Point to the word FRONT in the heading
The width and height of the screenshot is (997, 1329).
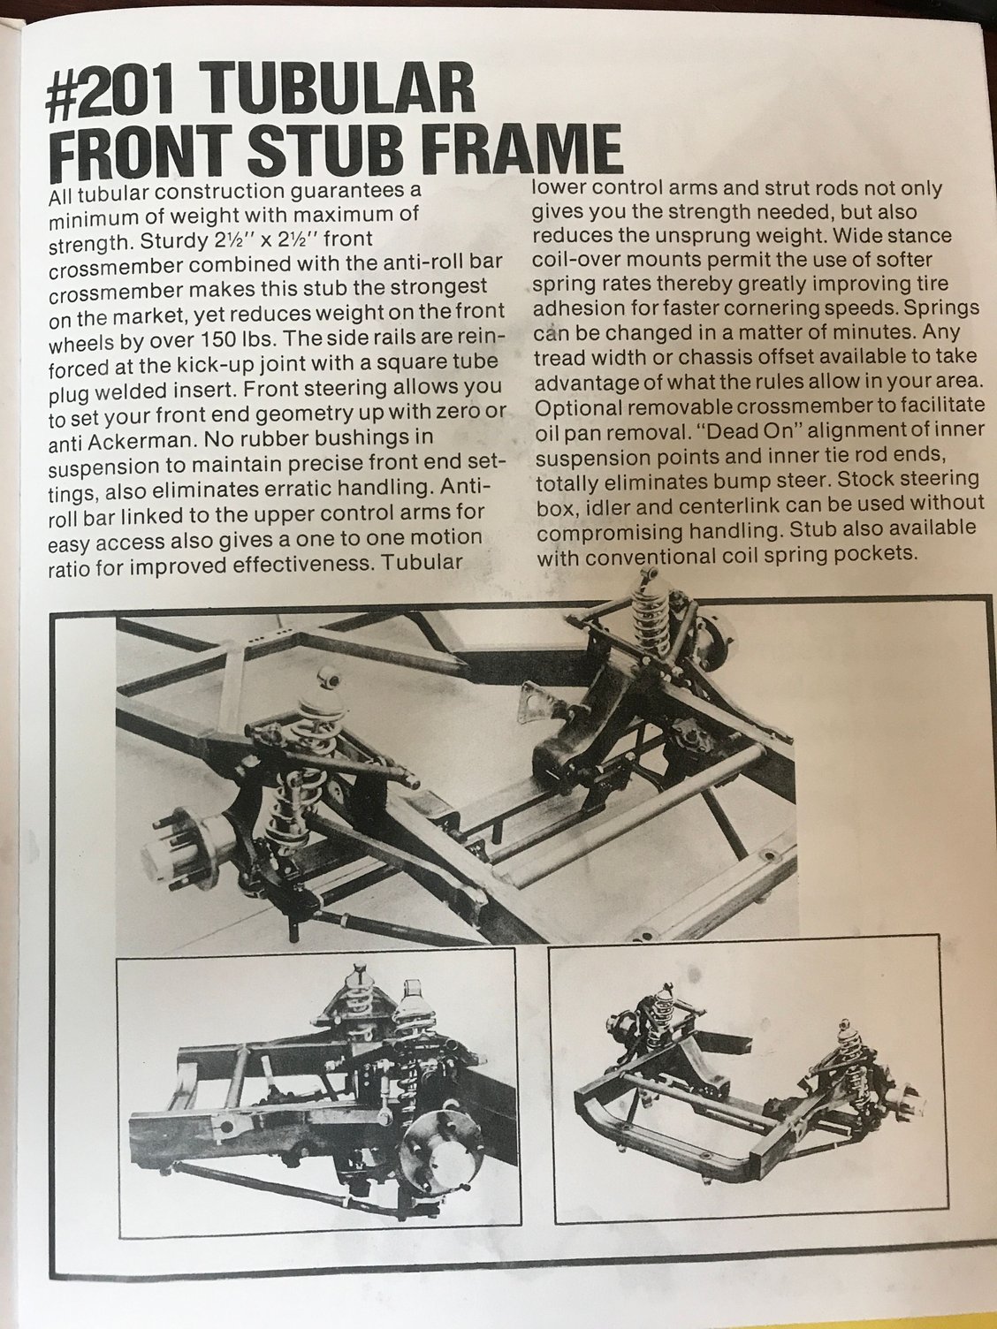tap(145, 151)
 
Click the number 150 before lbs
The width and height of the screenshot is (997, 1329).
tap(215, 340)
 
